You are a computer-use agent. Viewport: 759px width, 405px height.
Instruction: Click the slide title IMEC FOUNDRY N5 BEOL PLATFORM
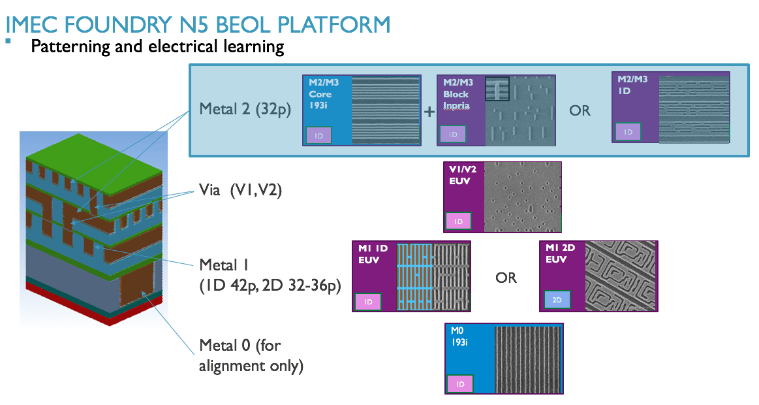[x=198, y=25]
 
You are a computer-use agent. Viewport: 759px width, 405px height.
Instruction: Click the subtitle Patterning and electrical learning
[x=157, y=47]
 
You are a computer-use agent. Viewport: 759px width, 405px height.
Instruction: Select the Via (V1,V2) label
[x=240, y=192]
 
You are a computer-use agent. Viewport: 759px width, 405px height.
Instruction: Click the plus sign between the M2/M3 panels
[x=429, y=112]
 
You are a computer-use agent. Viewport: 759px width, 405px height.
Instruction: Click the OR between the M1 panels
[x=506, y=278]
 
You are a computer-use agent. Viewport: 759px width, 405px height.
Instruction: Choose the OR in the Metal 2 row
[x=580, y=110]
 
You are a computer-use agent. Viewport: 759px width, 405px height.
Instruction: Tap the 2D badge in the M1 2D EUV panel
[x=557, y=300]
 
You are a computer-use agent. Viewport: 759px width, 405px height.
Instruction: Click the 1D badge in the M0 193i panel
[x=459, y=384]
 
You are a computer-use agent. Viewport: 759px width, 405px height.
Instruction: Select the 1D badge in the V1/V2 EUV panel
[x=458, y=221]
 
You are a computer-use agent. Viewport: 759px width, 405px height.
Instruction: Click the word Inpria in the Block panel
[x=456, y=105]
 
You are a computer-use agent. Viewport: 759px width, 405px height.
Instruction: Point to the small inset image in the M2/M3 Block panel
[x=496, y=89]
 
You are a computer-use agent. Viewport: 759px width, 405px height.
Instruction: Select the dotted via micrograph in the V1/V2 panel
[x=522, y=197]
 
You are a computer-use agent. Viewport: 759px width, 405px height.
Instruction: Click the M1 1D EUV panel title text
[x=373, y=254]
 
